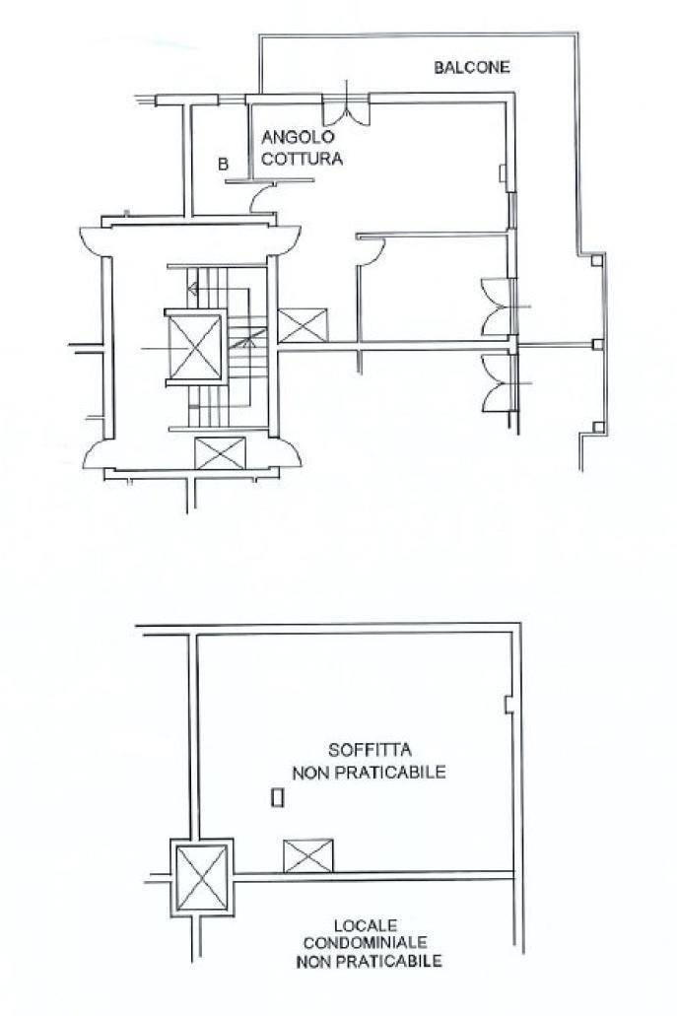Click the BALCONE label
click(472, 67)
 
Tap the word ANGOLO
click(298, 137)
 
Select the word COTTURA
click(302, 159)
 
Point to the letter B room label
click(223, 164)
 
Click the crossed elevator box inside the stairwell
click(195, 347)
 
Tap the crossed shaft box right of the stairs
click(303, 325)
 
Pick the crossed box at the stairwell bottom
click(221, 452)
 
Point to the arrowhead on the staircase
click(192, 289)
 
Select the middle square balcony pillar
click(597, 344)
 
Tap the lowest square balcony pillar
click(598, 427)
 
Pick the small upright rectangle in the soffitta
click(277, 797)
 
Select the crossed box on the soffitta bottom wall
click(308, 855)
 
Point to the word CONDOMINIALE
click(366, 942)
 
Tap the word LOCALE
click(366, 925)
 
